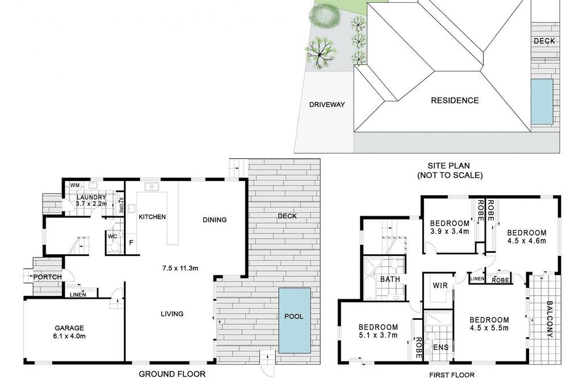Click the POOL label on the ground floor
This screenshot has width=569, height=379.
tap(294, 316)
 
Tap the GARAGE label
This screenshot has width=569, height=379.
tap(69, 328)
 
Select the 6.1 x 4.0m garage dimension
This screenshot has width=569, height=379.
tap(69, 336)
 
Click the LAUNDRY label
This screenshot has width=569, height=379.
tap(91, 197)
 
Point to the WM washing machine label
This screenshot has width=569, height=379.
tap(75, 186)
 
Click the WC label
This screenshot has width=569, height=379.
tap(113, 237)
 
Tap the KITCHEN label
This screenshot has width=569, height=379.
tap(152, 217)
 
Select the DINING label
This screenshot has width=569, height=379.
tap(215, 220)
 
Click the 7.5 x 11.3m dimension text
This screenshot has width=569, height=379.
tap(180, 268)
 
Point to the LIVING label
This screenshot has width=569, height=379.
tap(172, 314)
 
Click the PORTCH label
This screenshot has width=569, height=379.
tap(48, 277)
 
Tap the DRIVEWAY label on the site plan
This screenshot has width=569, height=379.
tap(327, 105)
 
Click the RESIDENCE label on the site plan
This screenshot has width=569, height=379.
tap(455, 101)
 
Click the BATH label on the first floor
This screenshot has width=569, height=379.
tap(390, 279)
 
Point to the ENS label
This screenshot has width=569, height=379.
tap(441, 347)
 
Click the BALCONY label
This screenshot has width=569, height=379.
tap(550, 319)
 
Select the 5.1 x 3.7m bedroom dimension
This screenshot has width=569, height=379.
tap(378, 335)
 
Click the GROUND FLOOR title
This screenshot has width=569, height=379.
tap(172, 374)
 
